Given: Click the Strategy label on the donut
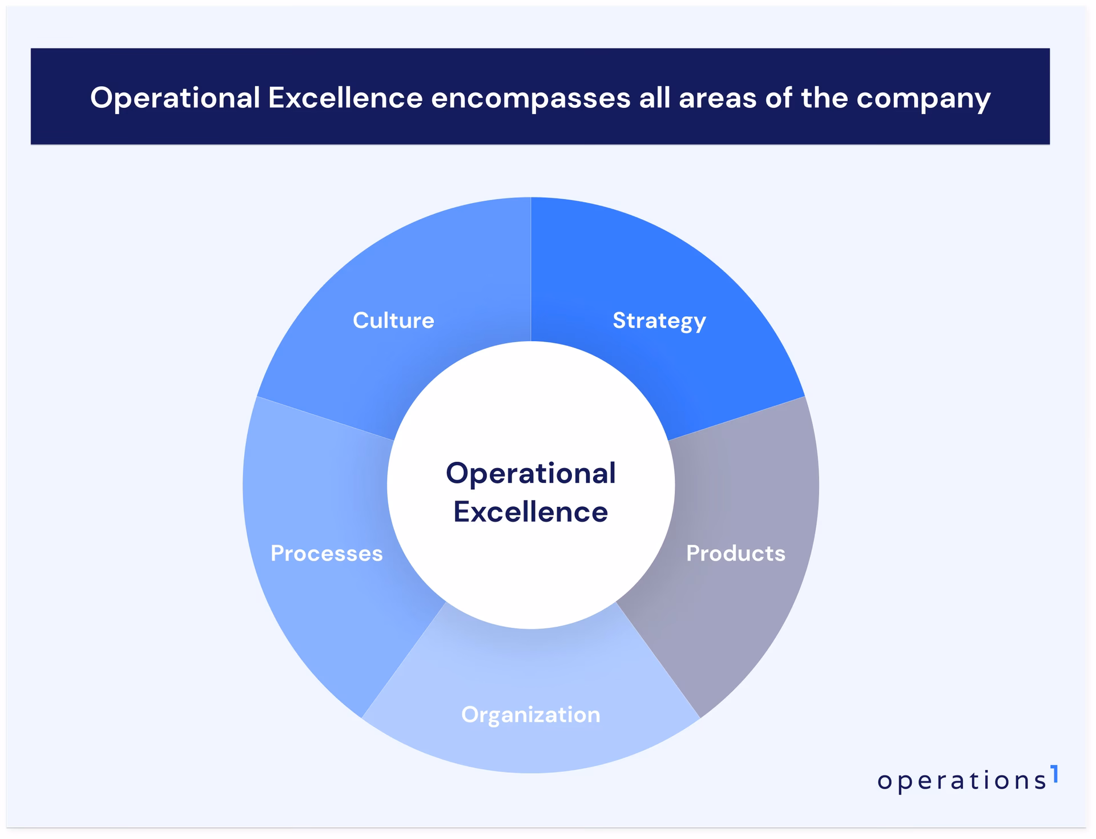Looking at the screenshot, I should pos(659,321).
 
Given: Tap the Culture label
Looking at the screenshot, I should pos(393,320).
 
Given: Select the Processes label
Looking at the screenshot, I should pos(327,553).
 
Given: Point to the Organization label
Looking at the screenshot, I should pos(531,715).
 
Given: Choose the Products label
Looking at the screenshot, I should pos(735,553).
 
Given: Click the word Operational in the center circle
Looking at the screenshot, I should pos(531,473).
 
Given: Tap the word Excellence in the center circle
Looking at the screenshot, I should pos(531,511).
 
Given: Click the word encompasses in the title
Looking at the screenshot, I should pos(530,98).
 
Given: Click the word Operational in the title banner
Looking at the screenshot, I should pos(175,98).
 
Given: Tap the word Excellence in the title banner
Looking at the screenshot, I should pos(345,98).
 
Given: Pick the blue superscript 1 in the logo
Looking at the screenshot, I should pos(1054,774).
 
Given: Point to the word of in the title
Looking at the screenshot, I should pos(779,98).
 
